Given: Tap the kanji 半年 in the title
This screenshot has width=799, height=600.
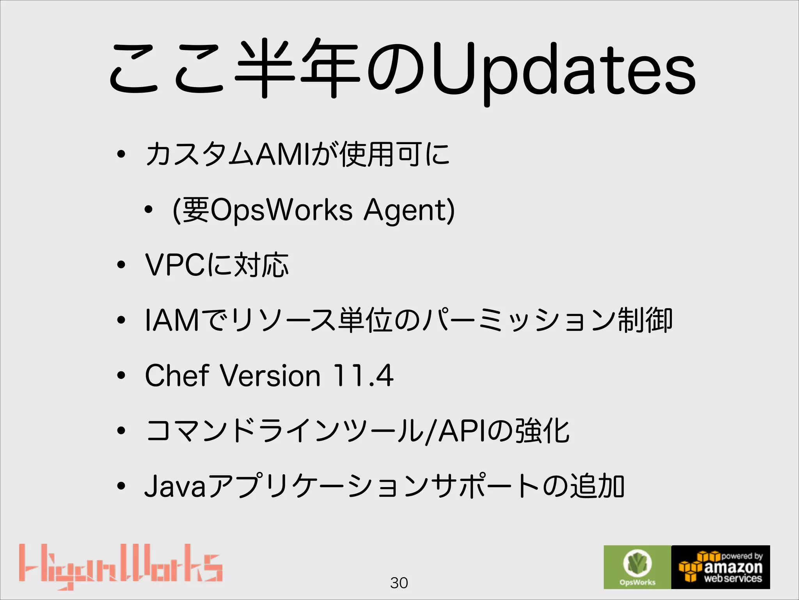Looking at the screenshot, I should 298,68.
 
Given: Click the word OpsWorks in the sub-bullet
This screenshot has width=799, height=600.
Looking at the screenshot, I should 281,210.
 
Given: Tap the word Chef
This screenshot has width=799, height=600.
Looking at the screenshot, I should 177,375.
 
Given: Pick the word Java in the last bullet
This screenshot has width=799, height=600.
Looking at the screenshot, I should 175,487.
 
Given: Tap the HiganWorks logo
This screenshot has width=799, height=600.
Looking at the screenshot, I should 121,566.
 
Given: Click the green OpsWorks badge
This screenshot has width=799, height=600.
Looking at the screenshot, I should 637,567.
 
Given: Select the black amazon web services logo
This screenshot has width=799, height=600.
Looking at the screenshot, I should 721,567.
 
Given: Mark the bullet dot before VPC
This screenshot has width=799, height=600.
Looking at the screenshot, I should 121,265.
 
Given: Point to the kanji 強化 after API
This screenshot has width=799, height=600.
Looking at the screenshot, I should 542,431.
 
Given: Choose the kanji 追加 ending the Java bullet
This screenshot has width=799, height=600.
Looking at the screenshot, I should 597,487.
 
